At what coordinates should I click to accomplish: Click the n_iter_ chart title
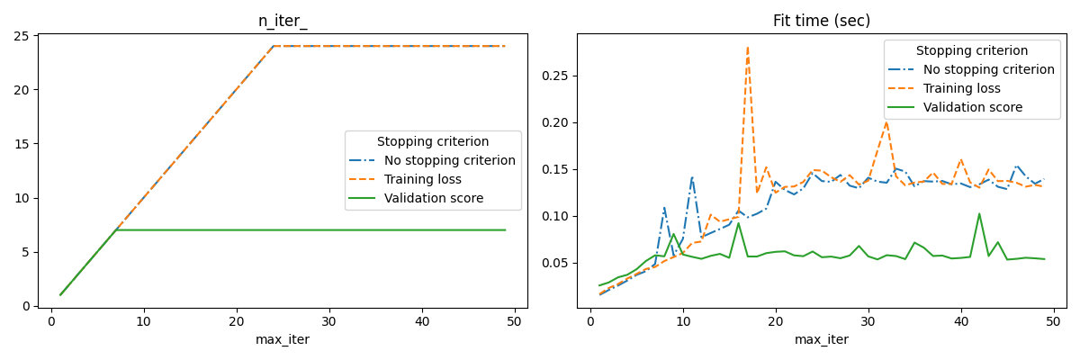pos(283,21)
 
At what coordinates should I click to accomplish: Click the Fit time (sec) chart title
pos(821,21)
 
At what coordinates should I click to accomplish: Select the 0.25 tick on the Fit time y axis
pos(553,76)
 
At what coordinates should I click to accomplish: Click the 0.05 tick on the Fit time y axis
pos(553,263)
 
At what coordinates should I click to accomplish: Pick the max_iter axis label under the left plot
pos(283,339)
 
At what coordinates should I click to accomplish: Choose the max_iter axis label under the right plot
pos(821,339)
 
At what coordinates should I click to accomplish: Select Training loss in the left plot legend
pos(422,179)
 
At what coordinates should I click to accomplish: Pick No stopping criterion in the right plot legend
pos(988,69)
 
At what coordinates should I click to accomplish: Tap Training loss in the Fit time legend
pos(961,88)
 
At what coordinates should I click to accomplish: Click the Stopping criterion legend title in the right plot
pos(972,50)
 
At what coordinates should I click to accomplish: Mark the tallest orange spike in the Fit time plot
pos(747,49)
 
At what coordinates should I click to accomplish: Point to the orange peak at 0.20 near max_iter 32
pos(886,122)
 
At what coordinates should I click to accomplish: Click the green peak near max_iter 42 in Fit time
pos(979,214)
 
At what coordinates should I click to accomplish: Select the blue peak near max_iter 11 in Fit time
pos(692,177)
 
